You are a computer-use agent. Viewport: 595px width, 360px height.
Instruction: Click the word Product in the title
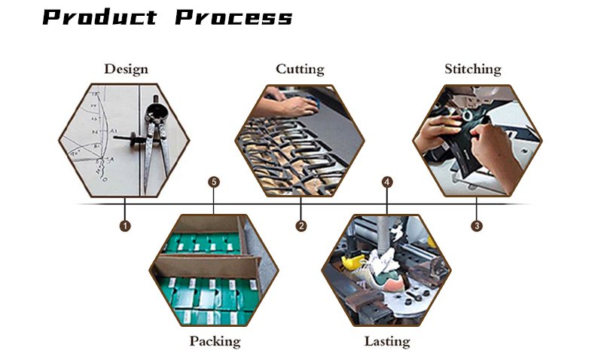tap(100, 17)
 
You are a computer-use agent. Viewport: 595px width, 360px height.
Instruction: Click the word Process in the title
tap(233, 17)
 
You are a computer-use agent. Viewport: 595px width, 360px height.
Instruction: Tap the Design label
tap(126, 69)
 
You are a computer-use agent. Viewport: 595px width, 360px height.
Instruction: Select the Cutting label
tap(300, 69)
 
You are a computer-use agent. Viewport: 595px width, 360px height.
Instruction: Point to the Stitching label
tap(473, 69)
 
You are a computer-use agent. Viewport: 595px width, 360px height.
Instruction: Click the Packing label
tap(215, 341)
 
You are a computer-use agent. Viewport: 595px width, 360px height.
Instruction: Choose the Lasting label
tap(387, 341)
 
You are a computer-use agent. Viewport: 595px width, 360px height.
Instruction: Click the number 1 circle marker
tap(125, 226)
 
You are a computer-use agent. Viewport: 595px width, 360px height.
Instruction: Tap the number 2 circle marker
tap(301, 226)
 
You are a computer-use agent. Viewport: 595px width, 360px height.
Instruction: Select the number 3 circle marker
tap(477, 226)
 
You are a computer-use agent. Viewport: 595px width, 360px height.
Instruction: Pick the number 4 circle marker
tap(386, 182)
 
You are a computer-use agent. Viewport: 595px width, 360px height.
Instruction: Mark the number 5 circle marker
tap(214, 182)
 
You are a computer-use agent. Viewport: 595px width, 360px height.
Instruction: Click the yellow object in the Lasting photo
tap(353, 263)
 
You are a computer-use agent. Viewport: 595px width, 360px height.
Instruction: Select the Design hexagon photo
tap(124, 140)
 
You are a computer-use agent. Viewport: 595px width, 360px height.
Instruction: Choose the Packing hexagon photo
tap(214, 270)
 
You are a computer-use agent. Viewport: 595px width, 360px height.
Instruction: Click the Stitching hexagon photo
tap(478, 140)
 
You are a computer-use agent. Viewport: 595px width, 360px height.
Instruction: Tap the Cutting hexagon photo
tap(300, 140)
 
